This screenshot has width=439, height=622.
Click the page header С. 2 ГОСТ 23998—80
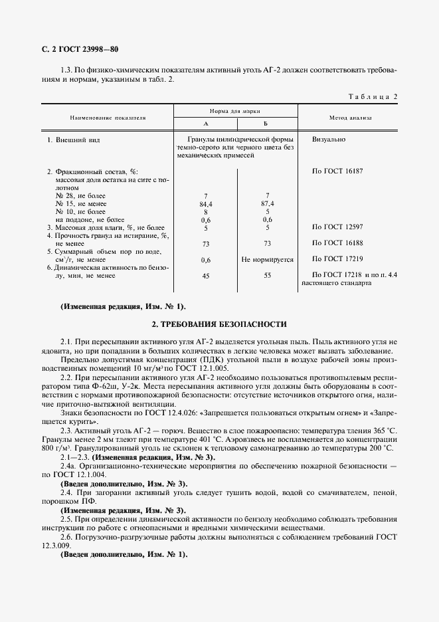pos(76,49)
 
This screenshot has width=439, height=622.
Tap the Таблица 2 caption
pos(373,97)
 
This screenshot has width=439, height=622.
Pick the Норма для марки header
pos(236,112)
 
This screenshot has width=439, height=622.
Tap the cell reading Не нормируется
pos(268,260)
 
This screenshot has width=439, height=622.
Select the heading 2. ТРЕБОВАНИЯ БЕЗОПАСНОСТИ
pos(219,324)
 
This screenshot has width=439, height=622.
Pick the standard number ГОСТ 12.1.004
pos(80,475)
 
